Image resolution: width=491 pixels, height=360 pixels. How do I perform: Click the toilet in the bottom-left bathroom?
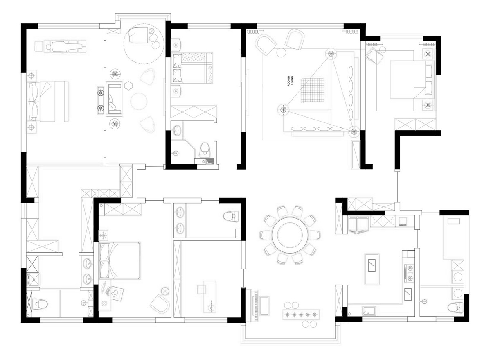click(40, 303)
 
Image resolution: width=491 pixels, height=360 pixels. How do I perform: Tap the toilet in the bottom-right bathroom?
click(455, 307)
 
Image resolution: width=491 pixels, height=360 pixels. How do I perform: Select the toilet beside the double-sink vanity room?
click(231, 216)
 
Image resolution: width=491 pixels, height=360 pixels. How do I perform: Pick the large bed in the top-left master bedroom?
click(48, 101)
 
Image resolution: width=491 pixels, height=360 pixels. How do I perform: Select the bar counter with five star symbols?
click(300, 315)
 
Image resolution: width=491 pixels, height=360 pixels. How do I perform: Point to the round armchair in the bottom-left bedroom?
click(160, 304)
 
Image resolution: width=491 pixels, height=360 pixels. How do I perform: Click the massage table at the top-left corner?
click(66, 46)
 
